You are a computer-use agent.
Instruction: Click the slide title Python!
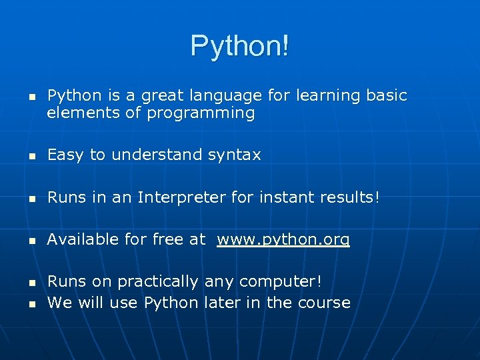tap(240, 46)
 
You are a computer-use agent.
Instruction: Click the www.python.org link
tap(283, 239)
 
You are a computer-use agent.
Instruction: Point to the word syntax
tap(234, 155)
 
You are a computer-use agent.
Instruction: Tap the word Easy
tap(65, 155)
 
